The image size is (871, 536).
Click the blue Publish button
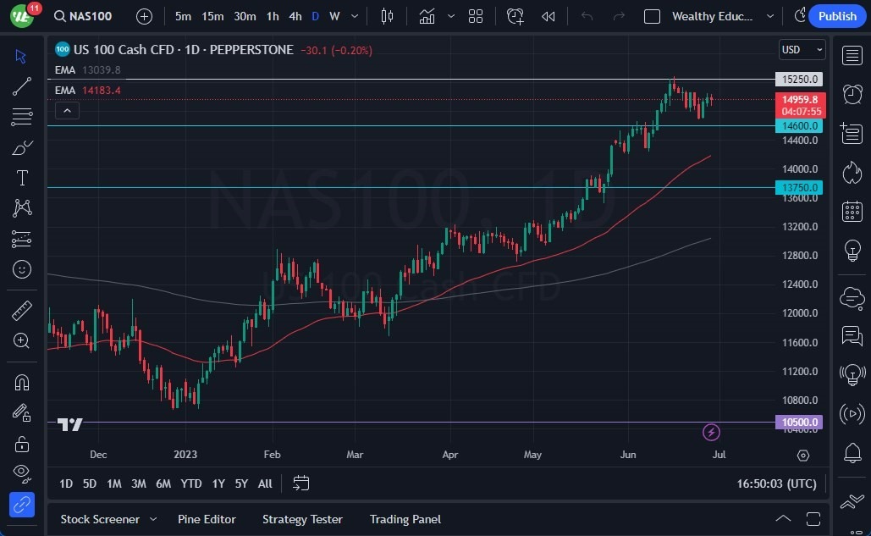coord(837,16)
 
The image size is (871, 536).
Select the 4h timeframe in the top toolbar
coord(295,16)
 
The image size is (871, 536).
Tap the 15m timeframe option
coord(212,16)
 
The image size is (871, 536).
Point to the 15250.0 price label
coord(798,80)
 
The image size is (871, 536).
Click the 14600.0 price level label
coord(798,126)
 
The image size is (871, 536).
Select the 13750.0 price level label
coord(798,188)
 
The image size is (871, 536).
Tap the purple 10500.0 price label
coord(798,423)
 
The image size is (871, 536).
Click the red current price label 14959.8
coord(798,100)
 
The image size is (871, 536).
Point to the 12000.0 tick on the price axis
coord(799,313)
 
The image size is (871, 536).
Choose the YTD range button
coord(191,484)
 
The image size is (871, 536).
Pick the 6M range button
coord(163,484)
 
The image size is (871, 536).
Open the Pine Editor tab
coord(207,519)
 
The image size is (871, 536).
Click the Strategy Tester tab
coord(302,519)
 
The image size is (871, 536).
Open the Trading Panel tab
coord(405,519)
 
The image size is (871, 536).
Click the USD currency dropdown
coord(802,50)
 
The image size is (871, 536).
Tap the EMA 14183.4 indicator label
coord(88,91)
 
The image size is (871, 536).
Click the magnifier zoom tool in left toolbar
coord(22,340)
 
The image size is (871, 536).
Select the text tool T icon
coord(22,178)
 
